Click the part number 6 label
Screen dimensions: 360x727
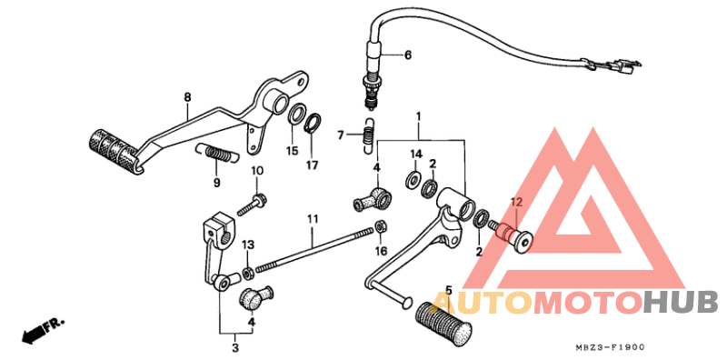408,55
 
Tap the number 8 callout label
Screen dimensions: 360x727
187,97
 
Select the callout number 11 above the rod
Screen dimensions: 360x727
312,219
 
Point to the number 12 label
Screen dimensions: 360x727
515,202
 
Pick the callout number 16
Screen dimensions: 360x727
382,251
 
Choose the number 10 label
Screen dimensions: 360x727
257,171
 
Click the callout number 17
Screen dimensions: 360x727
312,165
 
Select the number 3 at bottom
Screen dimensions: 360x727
234,347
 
